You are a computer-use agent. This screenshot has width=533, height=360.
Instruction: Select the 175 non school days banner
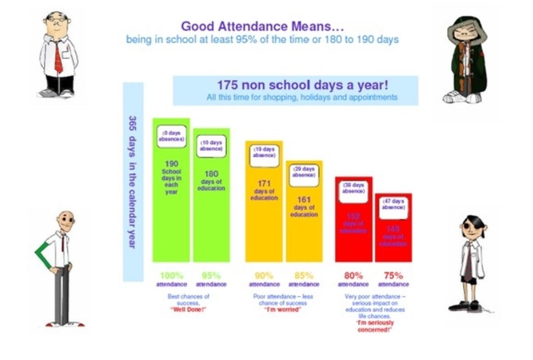click(295, 90)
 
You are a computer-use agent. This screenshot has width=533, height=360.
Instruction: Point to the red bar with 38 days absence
click(353, 229)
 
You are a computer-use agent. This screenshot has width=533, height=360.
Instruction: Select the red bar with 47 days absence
click(393, 235)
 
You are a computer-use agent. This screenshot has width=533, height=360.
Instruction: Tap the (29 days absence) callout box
click(304, 172)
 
